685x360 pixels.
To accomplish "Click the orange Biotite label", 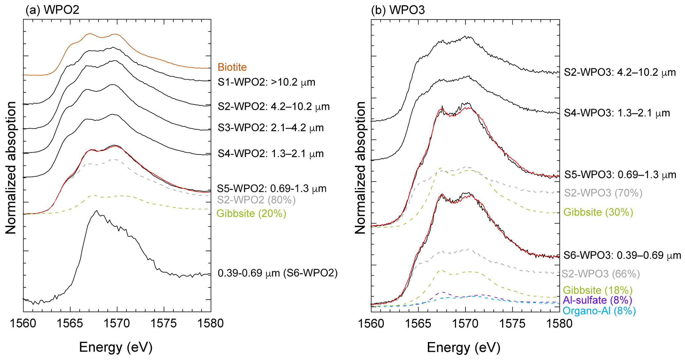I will click(232, 67).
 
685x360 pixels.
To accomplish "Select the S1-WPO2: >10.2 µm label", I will click(266, 82).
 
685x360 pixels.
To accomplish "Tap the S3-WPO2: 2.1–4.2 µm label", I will click(270, 128).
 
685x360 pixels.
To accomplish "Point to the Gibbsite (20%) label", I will click(251, 213).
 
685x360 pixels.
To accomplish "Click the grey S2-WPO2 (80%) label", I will click(256, 200).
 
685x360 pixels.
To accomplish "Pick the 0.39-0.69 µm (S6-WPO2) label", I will click(277, 273).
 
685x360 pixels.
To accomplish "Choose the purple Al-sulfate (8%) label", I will click(597, 300).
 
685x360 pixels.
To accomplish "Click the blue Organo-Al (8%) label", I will click(599, 311).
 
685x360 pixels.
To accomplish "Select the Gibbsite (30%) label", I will click(598, 212).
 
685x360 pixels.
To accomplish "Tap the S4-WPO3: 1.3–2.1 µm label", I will click(617, 113).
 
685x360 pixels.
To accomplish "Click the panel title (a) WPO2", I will click(52, 10).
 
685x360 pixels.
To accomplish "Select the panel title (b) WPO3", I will click(398, 10).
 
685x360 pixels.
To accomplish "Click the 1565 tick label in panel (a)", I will click(70, 323).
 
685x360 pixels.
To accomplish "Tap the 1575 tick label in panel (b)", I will click(512, 323).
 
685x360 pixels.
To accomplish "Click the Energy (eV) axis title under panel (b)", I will click(463, 347).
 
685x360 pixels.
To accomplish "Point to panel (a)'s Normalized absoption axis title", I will click(11, 167).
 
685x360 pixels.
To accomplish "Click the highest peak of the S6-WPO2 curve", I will click(96, 210).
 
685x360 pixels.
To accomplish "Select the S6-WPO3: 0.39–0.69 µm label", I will click(622, 256).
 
